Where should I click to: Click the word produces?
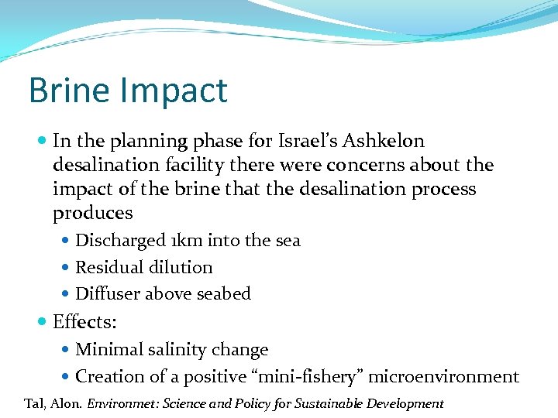93,213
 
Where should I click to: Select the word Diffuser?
108,294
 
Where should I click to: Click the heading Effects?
84,321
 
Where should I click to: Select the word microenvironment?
443,377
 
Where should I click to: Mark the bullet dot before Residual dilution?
67,268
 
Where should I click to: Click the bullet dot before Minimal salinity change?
67,350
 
